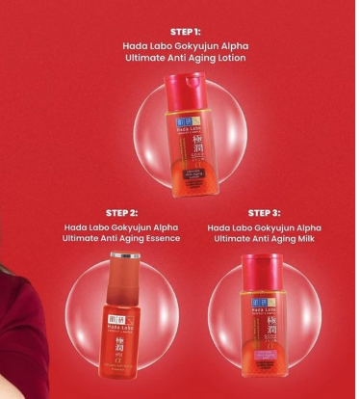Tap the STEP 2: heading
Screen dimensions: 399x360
121,212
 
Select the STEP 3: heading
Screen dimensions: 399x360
264,212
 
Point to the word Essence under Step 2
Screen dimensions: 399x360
164,238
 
